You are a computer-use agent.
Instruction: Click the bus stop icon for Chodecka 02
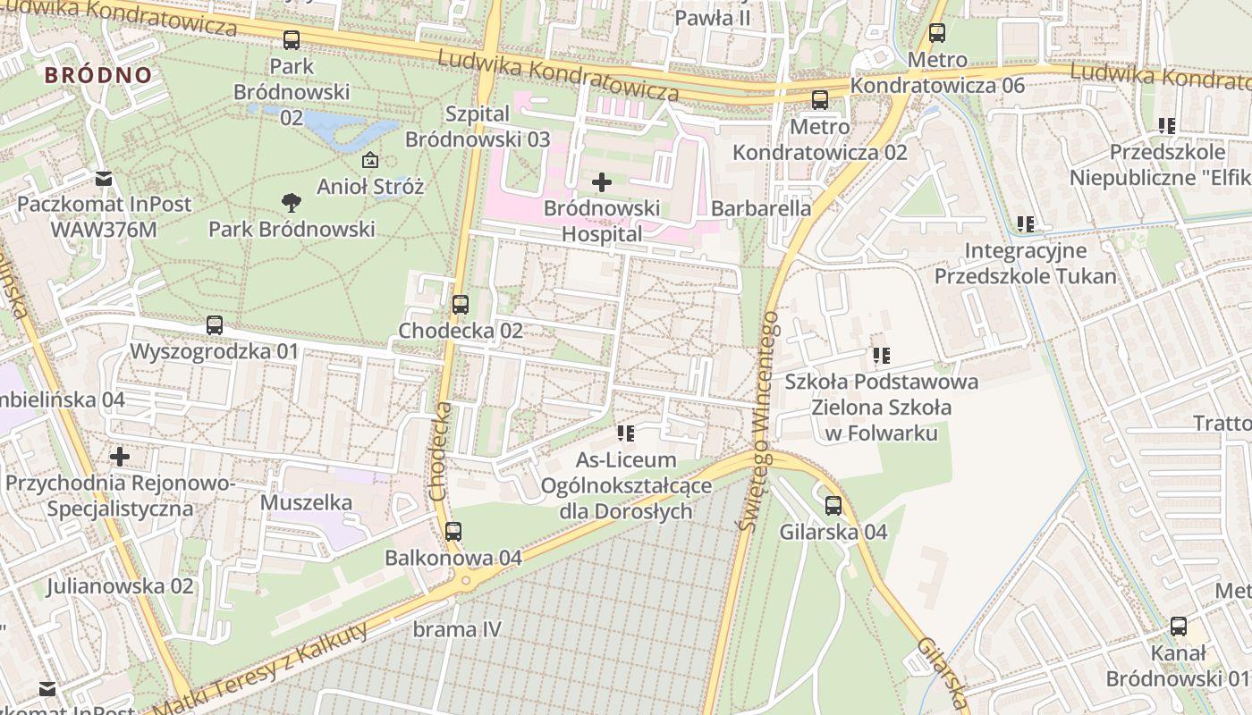461,305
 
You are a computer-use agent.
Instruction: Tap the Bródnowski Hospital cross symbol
602,183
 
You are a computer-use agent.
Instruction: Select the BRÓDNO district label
98,75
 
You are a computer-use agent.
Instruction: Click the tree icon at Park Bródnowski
291,203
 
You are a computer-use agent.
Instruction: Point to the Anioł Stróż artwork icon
369,161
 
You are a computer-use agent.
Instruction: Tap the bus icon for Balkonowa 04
453,532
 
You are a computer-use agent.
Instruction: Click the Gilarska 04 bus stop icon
833,506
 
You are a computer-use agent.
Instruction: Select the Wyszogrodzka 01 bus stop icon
215,325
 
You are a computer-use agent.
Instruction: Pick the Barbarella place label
761,208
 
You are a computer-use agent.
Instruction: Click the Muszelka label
306,502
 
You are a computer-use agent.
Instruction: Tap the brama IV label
457,629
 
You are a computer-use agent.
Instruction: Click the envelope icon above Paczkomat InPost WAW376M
104,178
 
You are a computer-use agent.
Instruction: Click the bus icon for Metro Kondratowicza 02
820,100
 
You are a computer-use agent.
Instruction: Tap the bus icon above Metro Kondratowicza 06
937,34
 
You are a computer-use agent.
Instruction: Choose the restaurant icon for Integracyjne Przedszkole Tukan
1026,224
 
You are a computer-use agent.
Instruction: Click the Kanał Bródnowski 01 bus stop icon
1179,627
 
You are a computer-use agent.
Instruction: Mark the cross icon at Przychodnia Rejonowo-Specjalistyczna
120,458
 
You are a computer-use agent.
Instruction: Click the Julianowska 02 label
120,586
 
